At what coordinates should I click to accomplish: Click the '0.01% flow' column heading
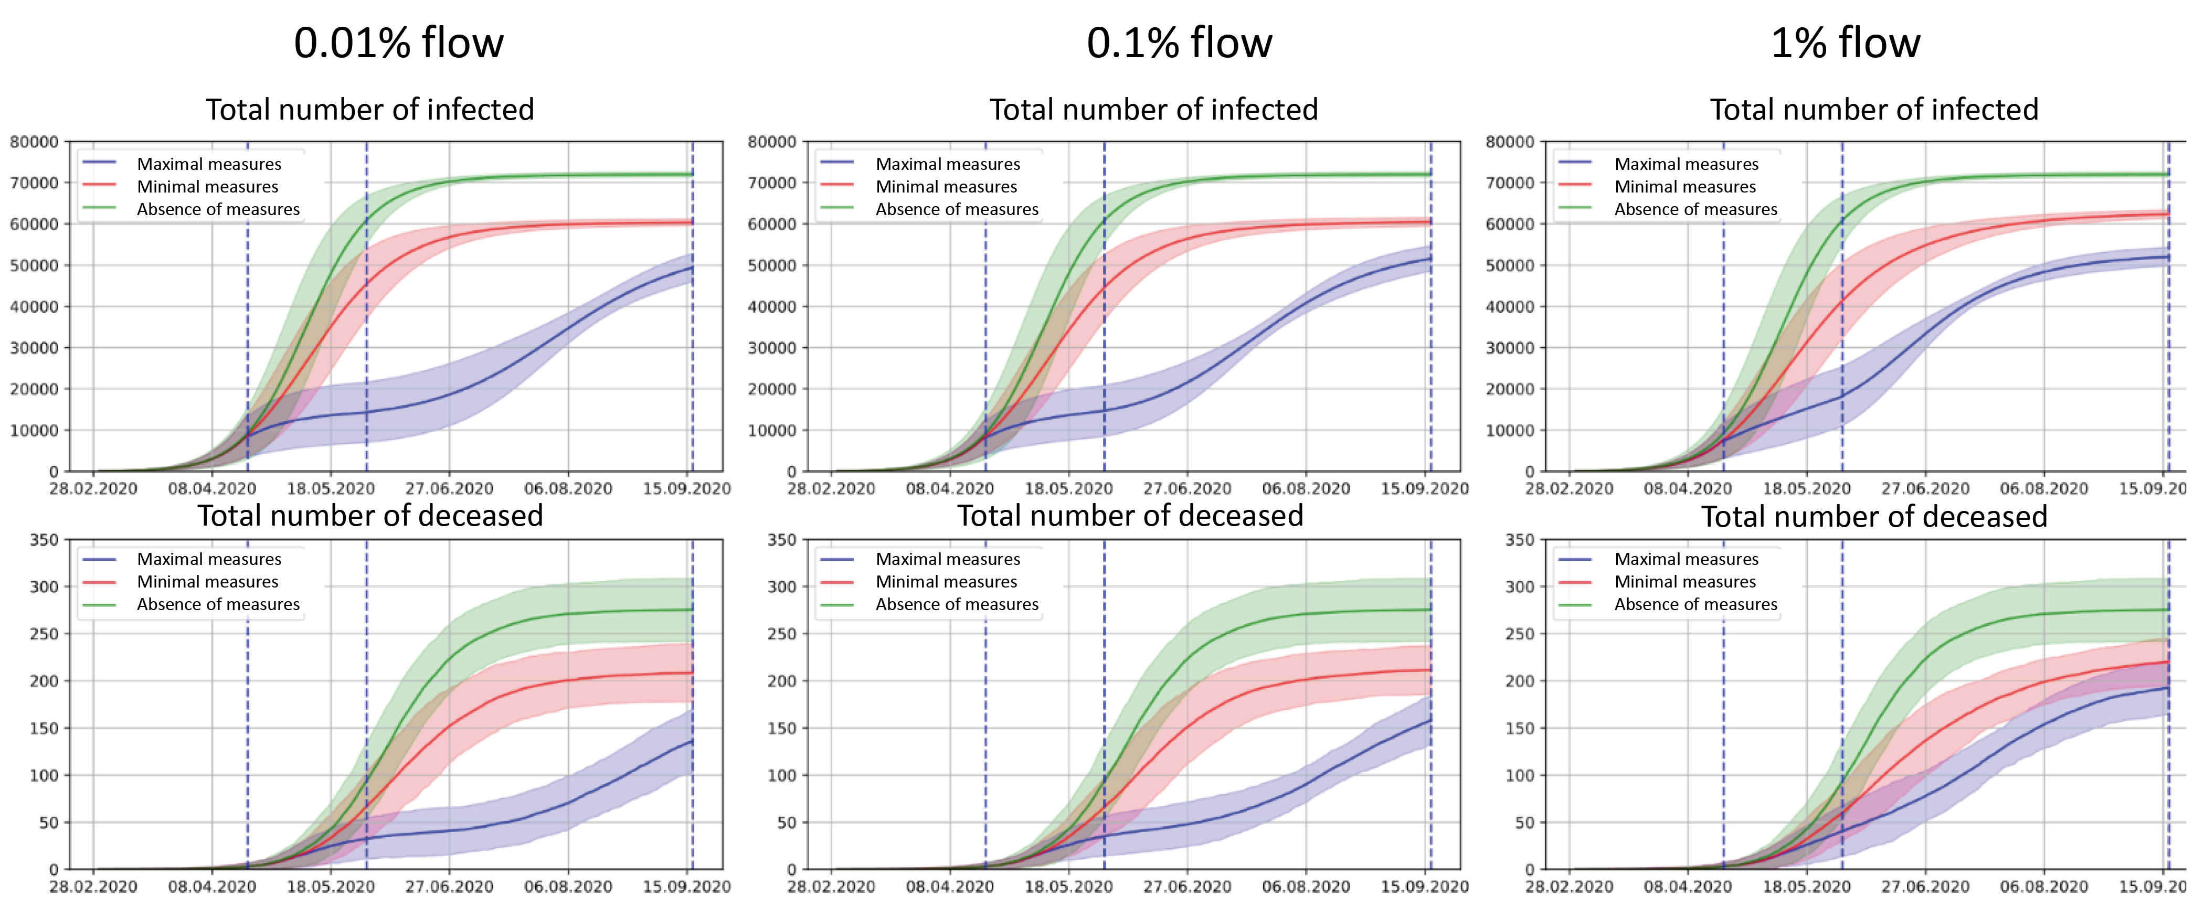(x=399, y=42)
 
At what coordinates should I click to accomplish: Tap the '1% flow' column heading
(x=1845, y=42)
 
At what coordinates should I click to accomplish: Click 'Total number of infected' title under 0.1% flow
(x=1153, y=109)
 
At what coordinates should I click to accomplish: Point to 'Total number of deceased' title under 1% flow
(x=1874, y=516)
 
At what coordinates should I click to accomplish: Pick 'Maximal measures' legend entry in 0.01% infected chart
(x=209, y=164)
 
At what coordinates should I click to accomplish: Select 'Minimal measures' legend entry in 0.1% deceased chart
(x=946, y=582)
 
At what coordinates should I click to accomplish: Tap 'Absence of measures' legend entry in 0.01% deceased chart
(x=218, y=604)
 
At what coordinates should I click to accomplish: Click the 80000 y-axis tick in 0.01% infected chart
(x=34, y=141)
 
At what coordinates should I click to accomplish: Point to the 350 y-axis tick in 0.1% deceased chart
(x=781, y=540)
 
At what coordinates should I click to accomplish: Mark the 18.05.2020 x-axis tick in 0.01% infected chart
(x=331, y=489)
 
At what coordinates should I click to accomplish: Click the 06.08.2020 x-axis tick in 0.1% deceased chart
(x=1306, y=887)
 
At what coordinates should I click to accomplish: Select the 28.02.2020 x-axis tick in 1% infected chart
(x=1569, y=489)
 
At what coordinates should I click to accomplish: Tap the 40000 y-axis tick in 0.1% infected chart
(x=771, y=306)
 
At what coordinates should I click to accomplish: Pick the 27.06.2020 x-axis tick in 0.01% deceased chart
(x=449, y=887)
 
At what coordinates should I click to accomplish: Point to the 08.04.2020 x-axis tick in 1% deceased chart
(x=1687, y=887)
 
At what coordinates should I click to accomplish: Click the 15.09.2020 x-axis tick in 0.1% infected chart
(x=1424, y=489)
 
